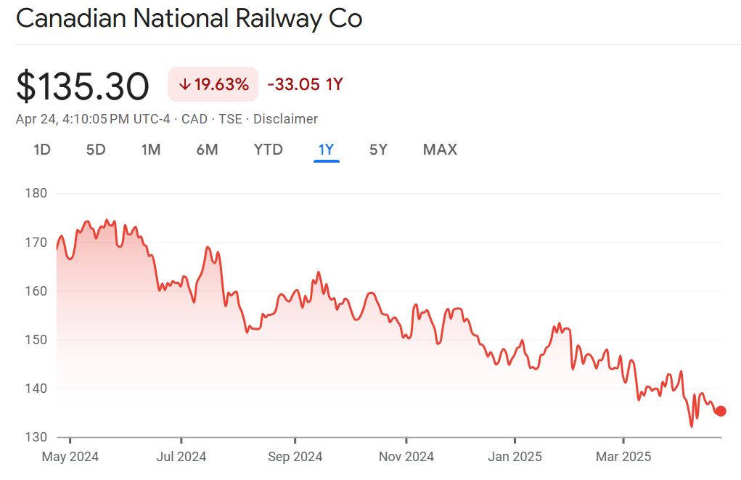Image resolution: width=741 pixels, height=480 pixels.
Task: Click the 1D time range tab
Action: point(42,150)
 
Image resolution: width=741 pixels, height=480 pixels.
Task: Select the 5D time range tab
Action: point(96,150)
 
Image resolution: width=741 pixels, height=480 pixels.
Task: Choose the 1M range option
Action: point(151,150)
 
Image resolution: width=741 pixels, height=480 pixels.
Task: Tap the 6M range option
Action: point(207,150)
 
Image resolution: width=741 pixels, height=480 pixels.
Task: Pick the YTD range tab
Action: point(269,150)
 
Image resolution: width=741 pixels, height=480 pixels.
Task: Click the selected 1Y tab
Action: point(326,150)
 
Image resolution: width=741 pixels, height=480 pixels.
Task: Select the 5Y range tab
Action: point(378,150)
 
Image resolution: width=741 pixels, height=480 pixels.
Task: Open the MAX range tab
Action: point(440,150)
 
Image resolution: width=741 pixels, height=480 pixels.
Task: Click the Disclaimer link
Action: point(285,119)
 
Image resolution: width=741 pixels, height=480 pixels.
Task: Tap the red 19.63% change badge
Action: point(213,84)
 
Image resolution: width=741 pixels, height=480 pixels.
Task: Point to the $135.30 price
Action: point(83,86)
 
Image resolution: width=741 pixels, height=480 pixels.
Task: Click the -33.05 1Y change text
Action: point(305,84)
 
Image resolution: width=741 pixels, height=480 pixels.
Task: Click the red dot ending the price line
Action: point(721,411)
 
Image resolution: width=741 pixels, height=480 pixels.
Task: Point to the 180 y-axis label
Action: point(36,193)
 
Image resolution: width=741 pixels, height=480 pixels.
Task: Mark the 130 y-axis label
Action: point(36,437)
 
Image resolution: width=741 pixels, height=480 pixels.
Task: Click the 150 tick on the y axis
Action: point(36,340)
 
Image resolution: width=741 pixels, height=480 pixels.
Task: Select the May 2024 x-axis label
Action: point(70,457)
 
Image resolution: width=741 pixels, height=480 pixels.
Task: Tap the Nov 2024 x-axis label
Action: point(406,457)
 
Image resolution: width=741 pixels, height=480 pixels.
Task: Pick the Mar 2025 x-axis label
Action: point(623,457)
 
